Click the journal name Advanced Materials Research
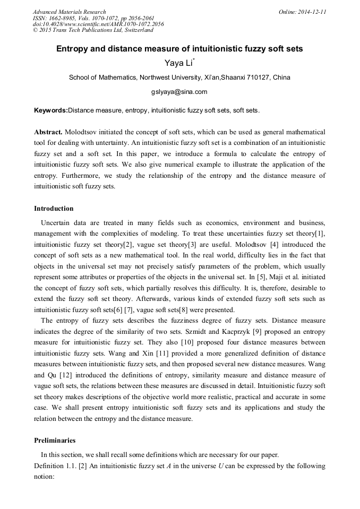pos(70,12)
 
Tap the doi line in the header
pos(98,24)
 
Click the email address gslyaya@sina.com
pos(179,91)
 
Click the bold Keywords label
pos(50,110)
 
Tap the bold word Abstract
pos(48,132)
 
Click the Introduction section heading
pos(54,209)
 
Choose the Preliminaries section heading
pos(55,441)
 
